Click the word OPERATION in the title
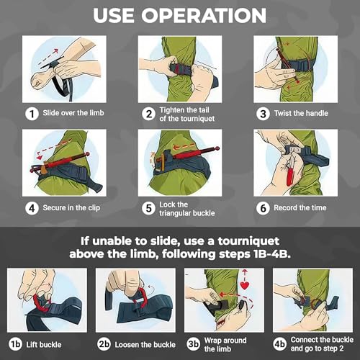point(204,15)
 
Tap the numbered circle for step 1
point(32,114)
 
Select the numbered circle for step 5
point(148,208)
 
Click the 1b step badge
point(15,344)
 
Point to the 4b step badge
point(280,344)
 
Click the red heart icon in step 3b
point(245,285)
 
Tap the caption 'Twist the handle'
point(301,113)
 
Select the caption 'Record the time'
point(300,207)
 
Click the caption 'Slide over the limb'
point(73,113)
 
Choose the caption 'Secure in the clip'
point(71,208)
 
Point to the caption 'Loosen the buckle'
point(145,345)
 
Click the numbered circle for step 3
point(263,114)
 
